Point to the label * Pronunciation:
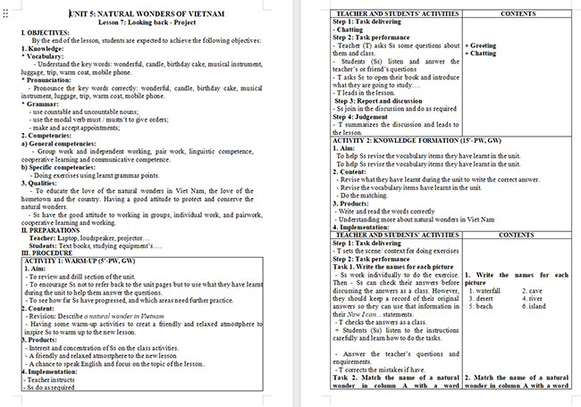point(37,80)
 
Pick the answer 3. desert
point(481,298)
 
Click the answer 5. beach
point(480,306)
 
